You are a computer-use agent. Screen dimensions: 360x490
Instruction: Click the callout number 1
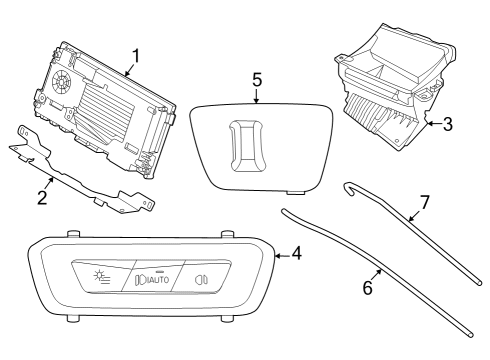tap(137, 54)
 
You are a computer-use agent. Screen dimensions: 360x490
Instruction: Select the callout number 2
tap(42, 197)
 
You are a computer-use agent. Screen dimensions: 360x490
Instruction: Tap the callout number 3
tap(447, 125)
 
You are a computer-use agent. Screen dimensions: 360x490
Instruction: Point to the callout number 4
tap(297, 254)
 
